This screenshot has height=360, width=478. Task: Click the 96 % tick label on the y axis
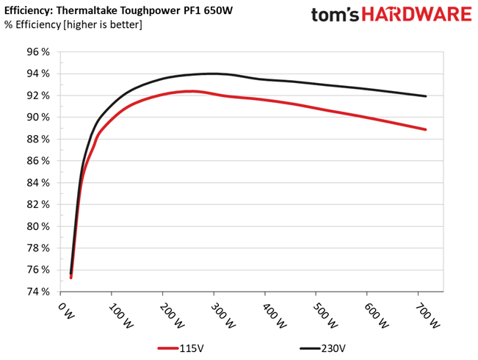click(38, 52)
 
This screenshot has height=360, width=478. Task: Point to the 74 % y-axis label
click(38, 292)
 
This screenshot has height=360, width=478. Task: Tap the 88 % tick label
click(38, 139)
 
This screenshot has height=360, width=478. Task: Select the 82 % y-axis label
click(38, 204)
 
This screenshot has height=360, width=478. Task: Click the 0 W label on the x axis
click(66, 311)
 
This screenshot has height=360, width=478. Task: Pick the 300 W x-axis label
click(222, 316)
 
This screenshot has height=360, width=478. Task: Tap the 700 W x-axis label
click(427, 316)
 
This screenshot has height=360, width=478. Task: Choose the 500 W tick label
click(325, 316)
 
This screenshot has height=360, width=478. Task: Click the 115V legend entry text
click(192, 348)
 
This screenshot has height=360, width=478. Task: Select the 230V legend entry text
click(333, 348)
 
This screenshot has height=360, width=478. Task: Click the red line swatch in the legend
click(168, 348)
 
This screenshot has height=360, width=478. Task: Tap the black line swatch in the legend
click(310, 348)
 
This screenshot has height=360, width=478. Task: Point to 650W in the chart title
click(218, 10)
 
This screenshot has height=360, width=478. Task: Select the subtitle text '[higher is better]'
click(103, 24)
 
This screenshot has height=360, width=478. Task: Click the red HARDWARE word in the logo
click(417, 15)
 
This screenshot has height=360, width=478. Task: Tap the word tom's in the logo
click(336, 15)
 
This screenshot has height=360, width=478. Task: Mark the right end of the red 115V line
click(426, 129)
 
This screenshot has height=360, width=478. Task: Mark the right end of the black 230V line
click(426, 96)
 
